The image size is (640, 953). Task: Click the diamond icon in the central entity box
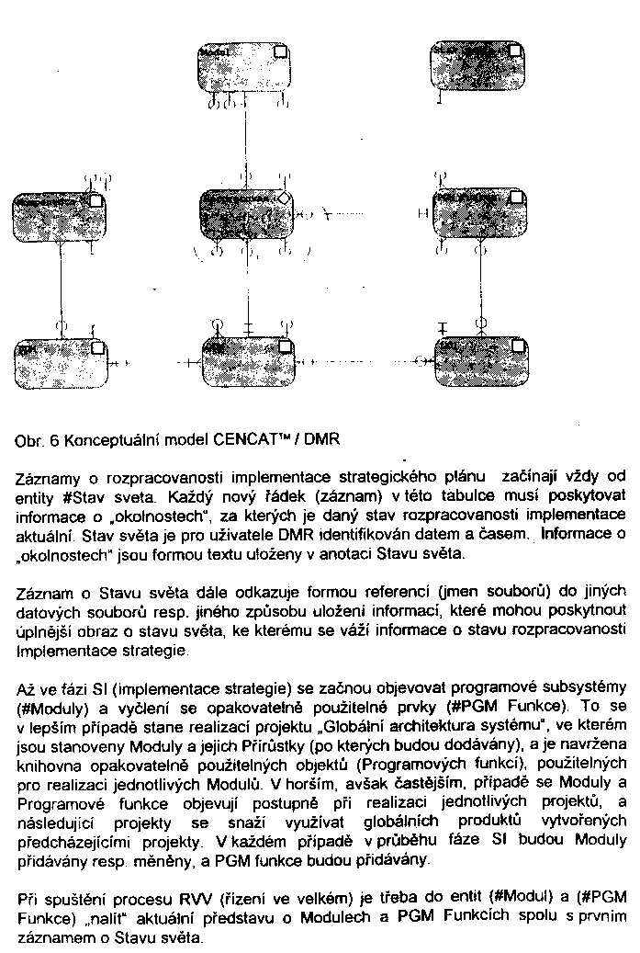click(x=285, y=198)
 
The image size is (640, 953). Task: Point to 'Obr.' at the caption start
click(x=31, y=440)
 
